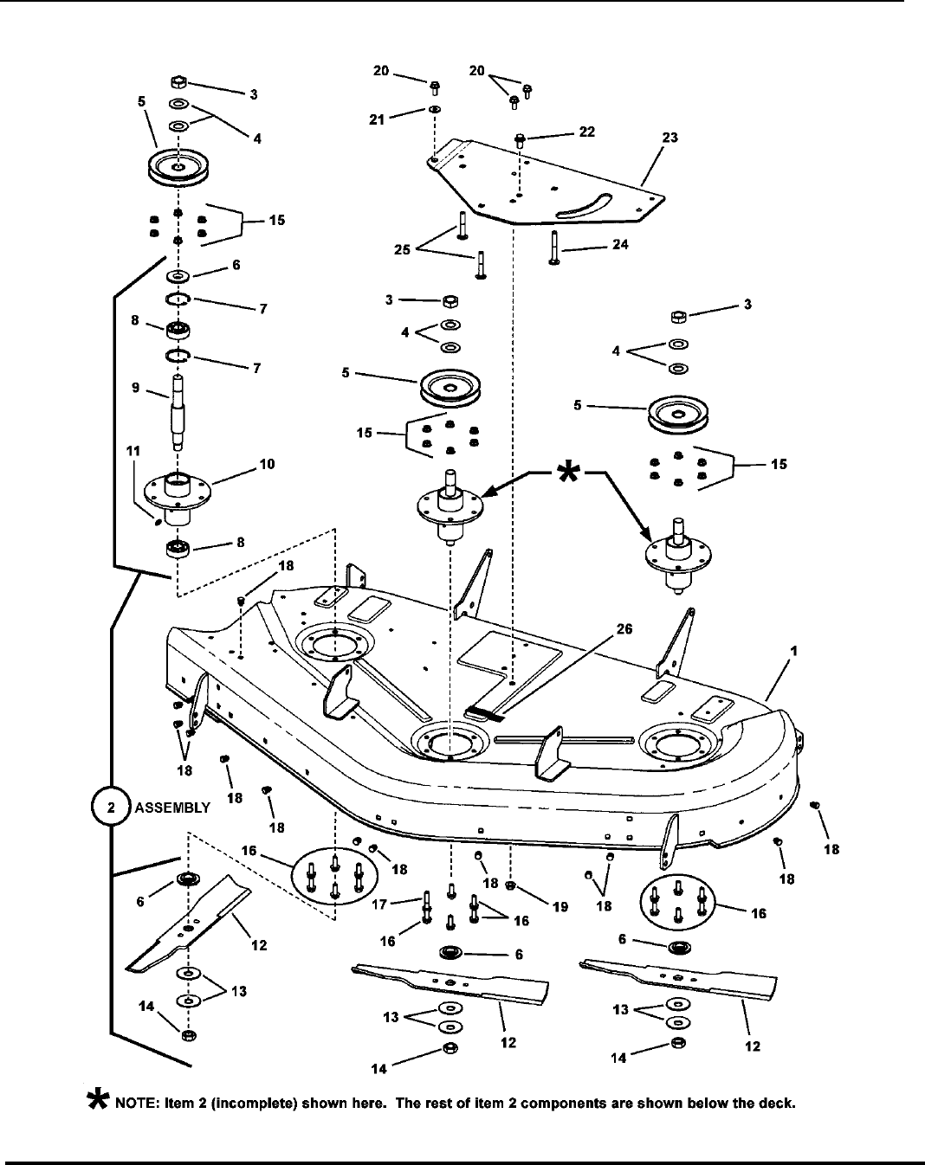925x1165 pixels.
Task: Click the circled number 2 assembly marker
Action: click(x=111, y=807)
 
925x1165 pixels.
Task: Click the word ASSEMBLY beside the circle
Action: click(x=172, y=808)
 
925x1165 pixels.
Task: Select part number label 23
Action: click(x=669, y=137)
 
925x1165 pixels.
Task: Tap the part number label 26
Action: click(x=624, y=630)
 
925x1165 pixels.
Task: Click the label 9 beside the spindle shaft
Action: click(x=136, y=389)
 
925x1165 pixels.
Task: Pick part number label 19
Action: click(x=560, y=906)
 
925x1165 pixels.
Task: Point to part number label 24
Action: click(x=619, y=244)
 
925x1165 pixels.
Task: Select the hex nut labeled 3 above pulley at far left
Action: click(x=178, y=83)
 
